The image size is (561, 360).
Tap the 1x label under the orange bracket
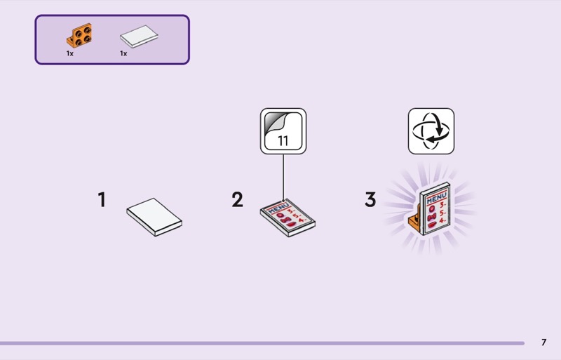pyautogui.click(x=70, y=53)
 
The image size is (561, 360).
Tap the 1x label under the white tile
pyautogui.click(x=123, y=53)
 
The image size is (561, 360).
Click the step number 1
pyautogui.click(x=102, y=200)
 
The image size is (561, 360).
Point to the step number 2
pyautogui.click(x=238, y=200)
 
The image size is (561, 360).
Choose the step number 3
pyautogui.click(x=370, y=200)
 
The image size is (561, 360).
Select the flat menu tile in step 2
pyautogui.click(x=287, y=218)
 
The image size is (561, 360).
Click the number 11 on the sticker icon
pyautogui.click(x=283, y=140)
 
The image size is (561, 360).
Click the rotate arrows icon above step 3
pyautogui.click(x=431, y=131)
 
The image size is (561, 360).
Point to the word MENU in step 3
pyautogui.click(x=436, y=201)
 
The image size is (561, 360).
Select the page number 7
pyautogui.click(x=543, y=342)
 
